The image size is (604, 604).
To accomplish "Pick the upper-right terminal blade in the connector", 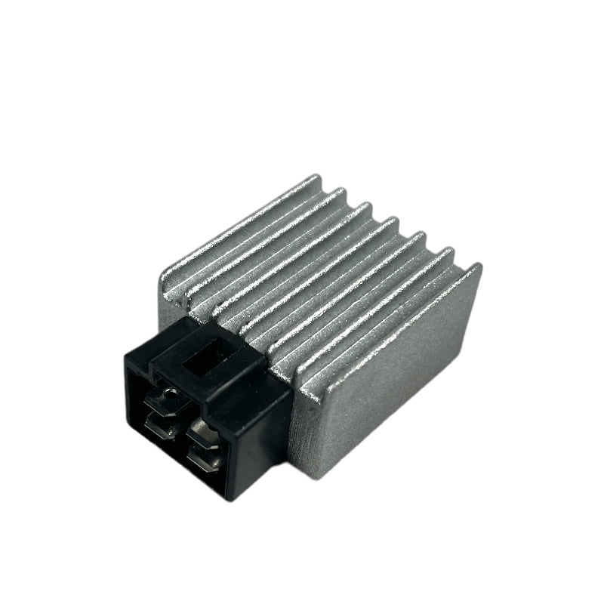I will click(202, 434).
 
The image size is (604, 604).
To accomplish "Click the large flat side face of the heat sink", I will click(393, 377).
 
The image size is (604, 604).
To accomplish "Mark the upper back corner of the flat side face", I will click(478, 267).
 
